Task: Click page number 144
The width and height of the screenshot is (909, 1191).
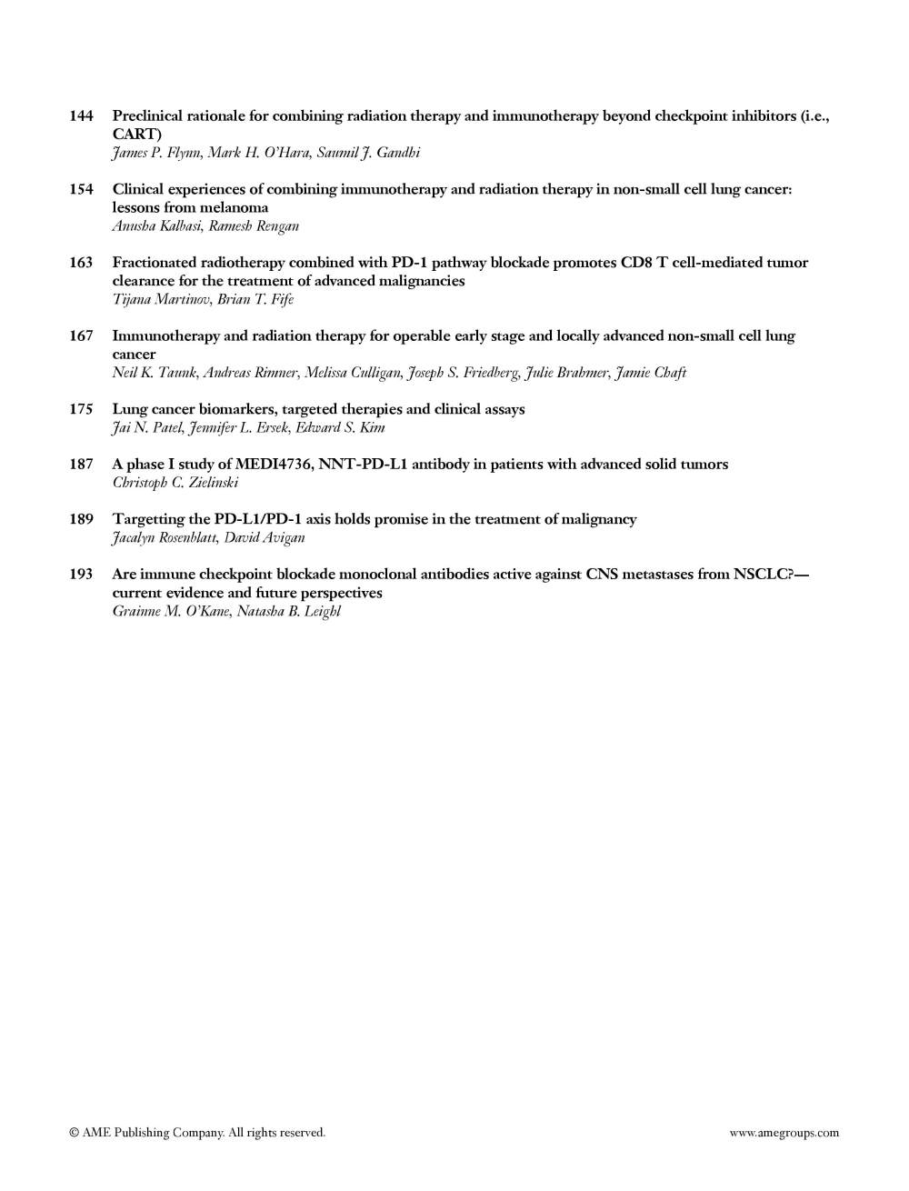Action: click(x=81, y=116)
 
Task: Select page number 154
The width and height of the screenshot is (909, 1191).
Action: click(x=81, y=189)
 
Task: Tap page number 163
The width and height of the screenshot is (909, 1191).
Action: click(x=81, y=263)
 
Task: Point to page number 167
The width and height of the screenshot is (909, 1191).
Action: click(x=81, y=336)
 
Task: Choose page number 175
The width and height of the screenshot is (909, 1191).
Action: click(x=81, y=409)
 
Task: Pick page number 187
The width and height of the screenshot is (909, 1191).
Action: click(x=81, y=465)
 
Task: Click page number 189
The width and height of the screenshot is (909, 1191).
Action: click(x=81, y=519)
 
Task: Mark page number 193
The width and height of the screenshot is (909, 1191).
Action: click(x=81, y=575)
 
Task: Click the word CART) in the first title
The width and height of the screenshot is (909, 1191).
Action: click(x=137, y=135)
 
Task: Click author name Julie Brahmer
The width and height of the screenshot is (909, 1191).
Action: click(x=565, y=373)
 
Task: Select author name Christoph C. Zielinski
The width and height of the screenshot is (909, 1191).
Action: click(x=175, y=483)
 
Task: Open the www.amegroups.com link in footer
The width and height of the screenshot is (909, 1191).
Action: click(x=784, y=1133)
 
